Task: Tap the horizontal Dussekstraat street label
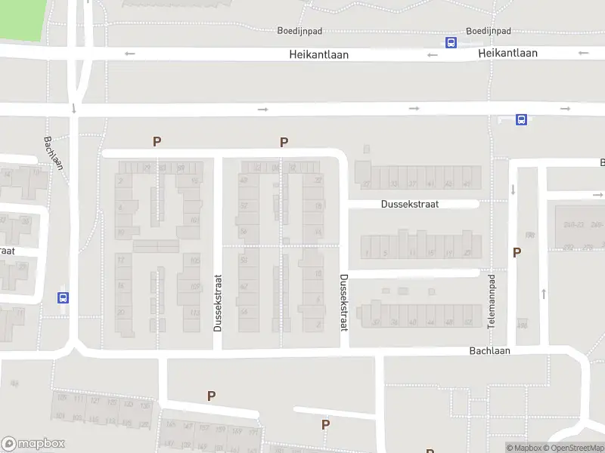[409, 204]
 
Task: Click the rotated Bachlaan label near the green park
[53, 153]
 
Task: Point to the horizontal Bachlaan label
[489, 351]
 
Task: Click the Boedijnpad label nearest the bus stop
[489, 31]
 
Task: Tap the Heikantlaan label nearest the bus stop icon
[507, 53]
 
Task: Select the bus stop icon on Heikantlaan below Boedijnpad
[451, 43]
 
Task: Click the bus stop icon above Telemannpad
[521, 119]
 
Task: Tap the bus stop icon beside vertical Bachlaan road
[63, 297]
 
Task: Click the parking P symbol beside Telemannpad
[517, 253]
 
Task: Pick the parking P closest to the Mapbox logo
[211, 396]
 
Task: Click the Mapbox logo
[33, 444]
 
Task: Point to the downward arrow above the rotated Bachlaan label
[74, 109]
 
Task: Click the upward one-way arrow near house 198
[543, 293]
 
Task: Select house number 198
[529, 236]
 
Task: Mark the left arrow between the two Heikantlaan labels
[432, 54]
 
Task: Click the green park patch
[21, 18]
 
